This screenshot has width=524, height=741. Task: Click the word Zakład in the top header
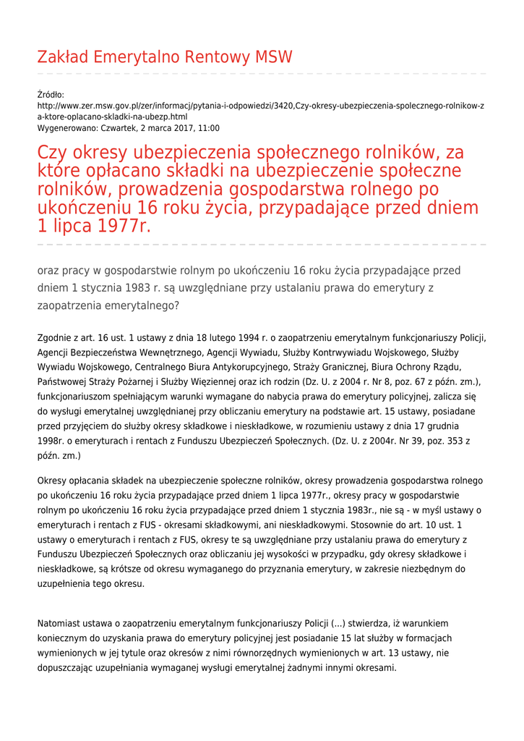(64, 57)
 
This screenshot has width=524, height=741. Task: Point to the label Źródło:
(51, 94)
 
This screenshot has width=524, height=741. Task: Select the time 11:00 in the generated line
(209, 128)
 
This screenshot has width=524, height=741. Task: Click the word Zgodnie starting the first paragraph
(54, 338)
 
